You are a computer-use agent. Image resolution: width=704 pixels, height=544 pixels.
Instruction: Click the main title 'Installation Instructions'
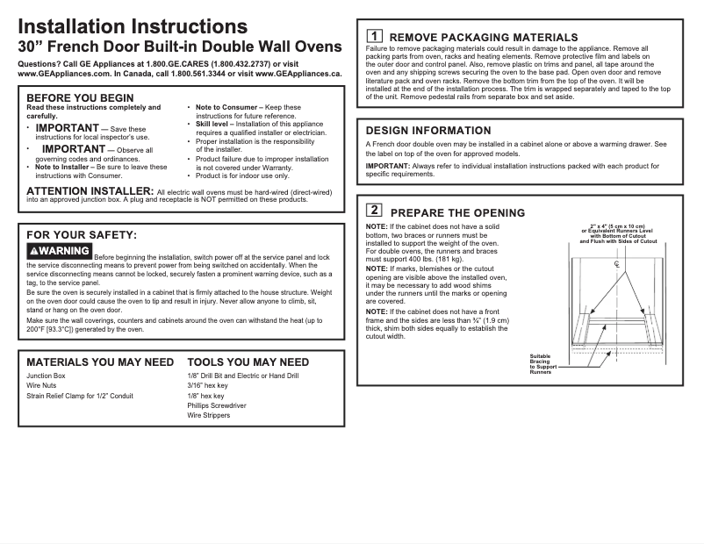(133, 26)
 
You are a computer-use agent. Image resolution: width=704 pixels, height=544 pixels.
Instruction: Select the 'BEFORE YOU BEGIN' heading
(80, 97)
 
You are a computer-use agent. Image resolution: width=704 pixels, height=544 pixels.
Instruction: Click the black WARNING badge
(59, 251)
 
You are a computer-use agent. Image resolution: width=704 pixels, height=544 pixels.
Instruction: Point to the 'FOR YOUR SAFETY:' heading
(82, 234)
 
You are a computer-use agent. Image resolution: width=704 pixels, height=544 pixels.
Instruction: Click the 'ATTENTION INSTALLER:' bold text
(90, 190)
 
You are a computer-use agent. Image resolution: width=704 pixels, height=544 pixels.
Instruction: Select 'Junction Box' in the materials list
(46, 376)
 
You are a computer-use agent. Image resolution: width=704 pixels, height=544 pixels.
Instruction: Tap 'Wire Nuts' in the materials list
(41, 385)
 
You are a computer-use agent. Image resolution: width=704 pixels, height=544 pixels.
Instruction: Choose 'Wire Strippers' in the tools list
(209, 415)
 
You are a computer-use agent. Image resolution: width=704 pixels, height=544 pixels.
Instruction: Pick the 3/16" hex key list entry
(207, 385)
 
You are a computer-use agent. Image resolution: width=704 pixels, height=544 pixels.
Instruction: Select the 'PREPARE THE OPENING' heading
(457, 212)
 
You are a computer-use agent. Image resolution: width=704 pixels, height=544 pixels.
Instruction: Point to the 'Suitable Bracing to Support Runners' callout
(542, 364)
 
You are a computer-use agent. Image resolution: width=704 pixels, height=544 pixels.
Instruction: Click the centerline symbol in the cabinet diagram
(617, 264)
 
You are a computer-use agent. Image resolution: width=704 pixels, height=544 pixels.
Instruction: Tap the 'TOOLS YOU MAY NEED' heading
(248, 361)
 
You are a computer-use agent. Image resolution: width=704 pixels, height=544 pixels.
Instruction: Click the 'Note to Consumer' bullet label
(226, 107)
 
